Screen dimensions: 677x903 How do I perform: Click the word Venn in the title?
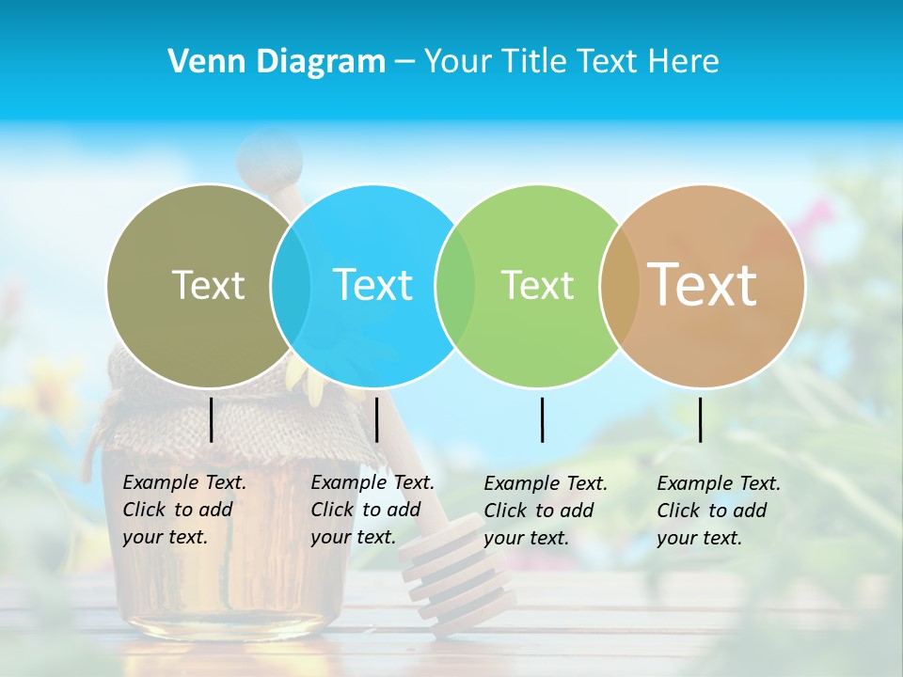pos(201,62)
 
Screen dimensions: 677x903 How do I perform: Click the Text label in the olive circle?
pos(208,285)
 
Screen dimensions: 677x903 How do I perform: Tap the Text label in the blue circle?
pos(372,285)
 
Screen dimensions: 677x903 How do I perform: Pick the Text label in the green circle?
pos(537,285)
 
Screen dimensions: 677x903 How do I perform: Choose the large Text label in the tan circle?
pos(703,285)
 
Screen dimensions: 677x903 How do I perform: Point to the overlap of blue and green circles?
pos(455,285)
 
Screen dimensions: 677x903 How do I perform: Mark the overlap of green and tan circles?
pos(619,285)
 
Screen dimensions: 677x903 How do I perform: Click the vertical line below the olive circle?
pos(212,419)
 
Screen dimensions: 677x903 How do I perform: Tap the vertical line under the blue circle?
pos(376,419)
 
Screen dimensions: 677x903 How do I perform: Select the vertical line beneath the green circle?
pos(542,419)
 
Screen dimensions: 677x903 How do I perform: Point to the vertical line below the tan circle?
pos(700,419)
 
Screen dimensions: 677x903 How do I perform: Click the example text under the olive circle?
pos(183,510)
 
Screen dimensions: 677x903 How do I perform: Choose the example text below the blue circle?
pos(372,510)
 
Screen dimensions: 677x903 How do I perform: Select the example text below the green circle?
pos(545,511)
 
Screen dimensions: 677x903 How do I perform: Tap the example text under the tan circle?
pos(718,511)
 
